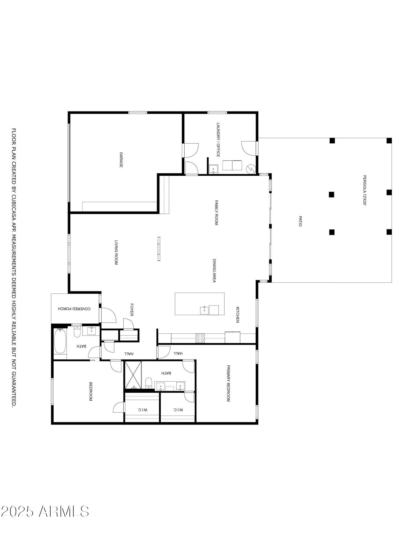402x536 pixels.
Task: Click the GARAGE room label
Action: pyautogui.click(x=121, y=160)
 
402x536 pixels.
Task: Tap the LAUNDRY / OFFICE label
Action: pyautogui.click(x=218, y=140)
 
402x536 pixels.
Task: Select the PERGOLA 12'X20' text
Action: pyautogui.click(x=364, y=190)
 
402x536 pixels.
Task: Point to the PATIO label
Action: pyautogui.click(x=300, y=221)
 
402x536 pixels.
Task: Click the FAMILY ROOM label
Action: pyautogui.click(x=217, y=213)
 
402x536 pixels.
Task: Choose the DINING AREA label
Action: pyautogui.click(x=214, y=270)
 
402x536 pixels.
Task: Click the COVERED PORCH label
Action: pyautogui.click(x=74, y=309)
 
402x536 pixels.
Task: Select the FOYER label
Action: pyautogui.click(x=132, y=310)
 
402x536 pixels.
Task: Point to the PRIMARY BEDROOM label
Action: pyautogui.click(x=228, y=383)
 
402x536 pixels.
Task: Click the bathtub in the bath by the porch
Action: pyautogui.click(x=60, y=341)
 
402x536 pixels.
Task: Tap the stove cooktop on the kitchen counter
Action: pyautogui.click(x=200, y=338)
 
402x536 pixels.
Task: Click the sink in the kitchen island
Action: pyautogui.click(x=204, y=310)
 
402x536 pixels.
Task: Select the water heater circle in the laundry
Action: pyautogui.click(x=251, y=169)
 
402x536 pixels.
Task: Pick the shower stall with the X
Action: pyautogui.click(x=133, y=375)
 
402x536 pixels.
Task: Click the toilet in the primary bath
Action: pyautogui.click(x=149, y=383)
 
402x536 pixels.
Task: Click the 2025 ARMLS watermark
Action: pyautogui.click(x=45, y=512)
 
